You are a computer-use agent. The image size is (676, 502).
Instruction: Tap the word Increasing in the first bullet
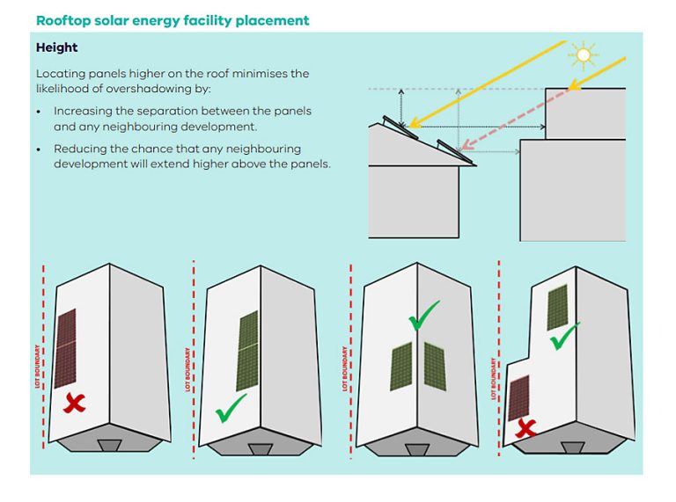click(84, 111)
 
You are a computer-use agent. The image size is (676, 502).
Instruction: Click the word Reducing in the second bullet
click(81, 149)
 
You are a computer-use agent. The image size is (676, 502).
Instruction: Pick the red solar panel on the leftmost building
click(65, 348)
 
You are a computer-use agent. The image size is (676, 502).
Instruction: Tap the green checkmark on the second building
click(231, 405)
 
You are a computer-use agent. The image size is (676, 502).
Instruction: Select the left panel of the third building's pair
click(401, 367)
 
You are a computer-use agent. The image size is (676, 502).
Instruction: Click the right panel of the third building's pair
click(435, 365)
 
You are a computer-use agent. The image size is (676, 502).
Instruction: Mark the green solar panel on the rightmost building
click(556, 307)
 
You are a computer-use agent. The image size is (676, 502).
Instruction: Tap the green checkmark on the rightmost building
click(564, 335)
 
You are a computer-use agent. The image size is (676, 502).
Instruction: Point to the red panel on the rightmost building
click(518, 398)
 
